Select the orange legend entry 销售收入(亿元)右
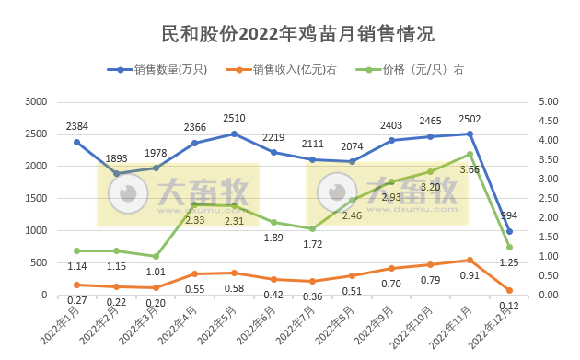tap(288, 69)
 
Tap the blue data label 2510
tap(234, 118)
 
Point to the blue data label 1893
tap(116, 157)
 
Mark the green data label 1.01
tap(155, 272)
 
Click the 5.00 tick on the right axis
tap(547, 101)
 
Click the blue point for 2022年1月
tap(76, 142)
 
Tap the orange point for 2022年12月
tap(509, 290)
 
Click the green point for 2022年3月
tap(156, 256)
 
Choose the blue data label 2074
tap(352, 146)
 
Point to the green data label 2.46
tap(352, 215)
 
